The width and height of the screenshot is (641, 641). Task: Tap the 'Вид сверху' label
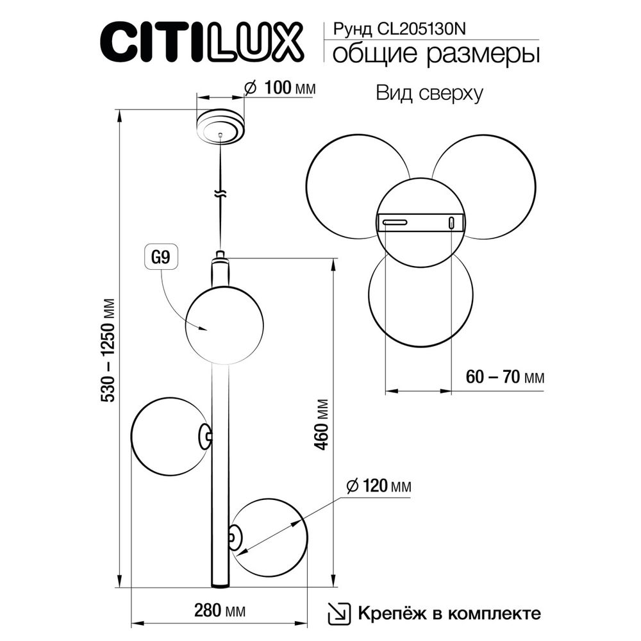pyautogui.click(x=428, y=94)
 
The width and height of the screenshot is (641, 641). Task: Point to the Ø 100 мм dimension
pyautogui.click(x=281, y=88)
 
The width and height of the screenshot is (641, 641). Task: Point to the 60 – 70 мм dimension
pyautogui.click(x=504, y=377)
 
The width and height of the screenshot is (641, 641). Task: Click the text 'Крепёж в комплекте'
pyautogui.click(x=449, y=613)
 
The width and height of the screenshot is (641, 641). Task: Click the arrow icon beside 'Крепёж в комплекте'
pyautogui.click(x=339, y=613)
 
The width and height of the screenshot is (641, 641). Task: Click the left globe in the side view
pyautogui.click(x=168, y=437)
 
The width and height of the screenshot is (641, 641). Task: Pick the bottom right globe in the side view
pyautogui.click(x=270, y=537)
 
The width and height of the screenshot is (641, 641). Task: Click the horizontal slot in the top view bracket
pyautogui.click(x=394, y=222)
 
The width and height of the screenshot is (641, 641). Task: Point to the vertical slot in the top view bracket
pyautogui.click(x=451, y=222)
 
